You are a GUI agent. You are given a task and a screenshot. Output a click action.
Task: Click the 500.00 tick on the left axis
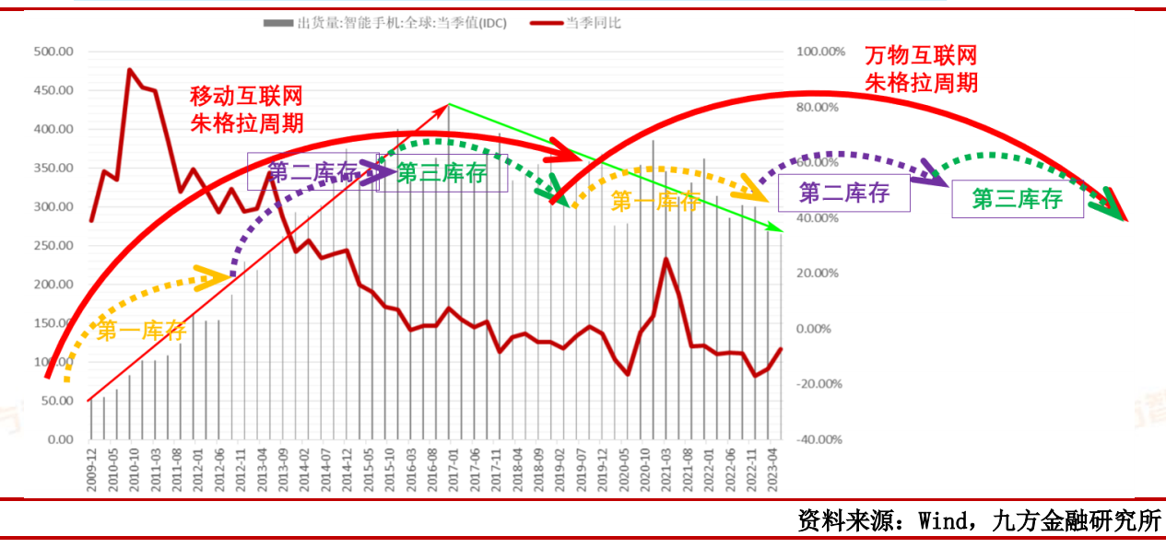[x=53, y=52]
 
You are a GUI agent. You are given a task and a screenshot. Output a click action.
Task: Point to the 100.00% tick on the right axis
[x=818, y=52]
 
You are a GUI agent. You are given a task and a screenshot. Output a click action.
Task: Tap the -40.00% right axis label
[x=818, y=439]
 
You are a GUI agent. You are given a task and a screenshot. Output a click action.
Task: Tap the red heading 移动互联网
[x=246, y=96]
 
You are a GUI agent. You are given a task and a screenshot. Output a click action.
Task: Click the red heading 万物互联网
[x=921, y=55]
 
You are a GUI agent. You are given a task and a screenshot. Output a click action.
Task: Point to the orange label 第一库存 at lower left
[x=141, y=331]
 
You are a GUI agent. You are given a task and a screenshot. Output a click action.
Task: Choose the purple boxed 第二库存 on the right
[x=843, y=193]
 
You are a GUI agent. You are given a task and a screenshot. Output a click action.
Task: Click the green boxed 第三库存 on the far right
[x=1017, y=199]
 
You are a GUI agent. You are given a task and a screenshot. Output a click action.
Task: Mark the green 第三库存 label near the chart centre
[x=442, y=173]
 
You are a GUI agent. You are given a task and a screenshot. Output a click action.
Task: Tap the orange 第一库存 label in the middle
[x=655, y=202]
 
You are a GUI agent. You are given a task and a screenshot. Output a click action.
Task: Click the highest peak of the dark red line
[x=130, y=70]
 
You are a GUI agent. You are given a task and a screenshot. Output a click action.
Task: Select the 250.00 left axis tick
[x=53, y=246]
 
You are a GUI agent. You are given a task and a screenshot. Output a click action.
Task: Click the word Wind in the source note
[x=939, y=520]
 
